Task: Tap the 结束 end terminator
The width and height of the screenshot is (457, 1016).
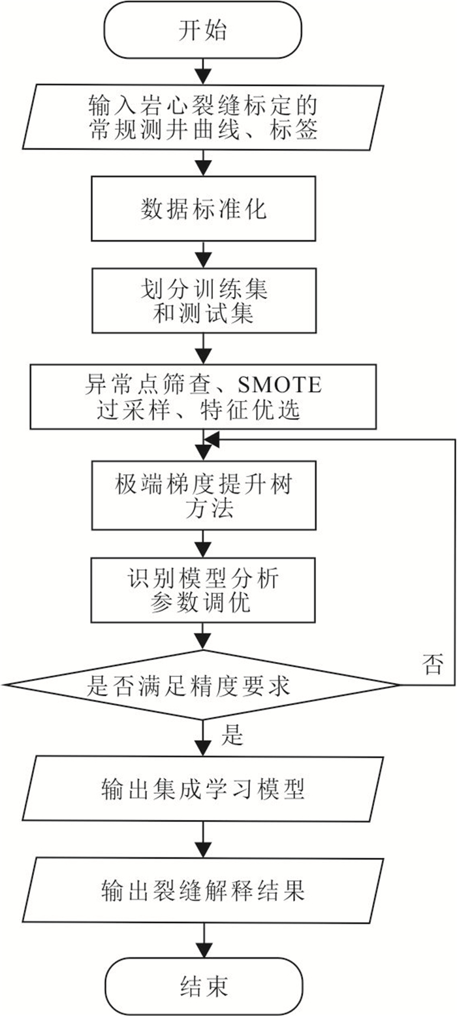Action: click(204, 986)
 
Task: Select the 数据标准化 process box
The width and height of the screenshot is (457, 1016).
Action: click(204, 209)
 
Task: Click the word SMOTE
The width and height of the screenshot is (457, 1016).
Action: click(279, 385)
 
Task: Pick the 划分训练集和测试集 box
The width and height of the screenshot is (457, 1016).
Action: click(204, 301)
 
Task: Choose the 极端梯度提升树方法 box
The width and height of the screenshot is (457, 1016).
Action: click(204, 496)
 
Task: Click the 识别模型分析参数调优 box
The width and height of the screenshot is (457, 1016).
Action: click(203, 590)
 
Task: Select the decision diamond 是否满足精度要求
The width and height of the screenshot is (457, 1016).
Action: click(202, 684)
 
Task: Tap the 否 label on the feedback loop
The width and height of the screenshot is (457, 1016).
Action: click(432, 663)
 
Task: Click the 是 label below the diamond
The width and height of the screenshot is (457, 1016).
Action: click(232, 735)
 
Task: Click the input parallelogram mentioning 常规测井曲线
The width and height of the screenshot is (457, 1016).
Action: click(203, 117)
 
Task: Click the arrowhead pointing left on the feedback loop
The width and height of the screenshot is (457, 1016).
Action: click(212, 439)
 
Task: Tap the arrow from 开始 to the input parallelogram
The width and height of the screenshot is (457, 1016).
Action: click(203, 72)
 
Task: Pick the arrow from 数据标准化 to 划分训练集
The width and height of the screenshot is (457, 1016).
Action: click(203, 255)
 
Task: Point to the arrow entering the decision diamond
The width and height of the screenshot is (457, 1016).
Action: click(203, 637)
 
